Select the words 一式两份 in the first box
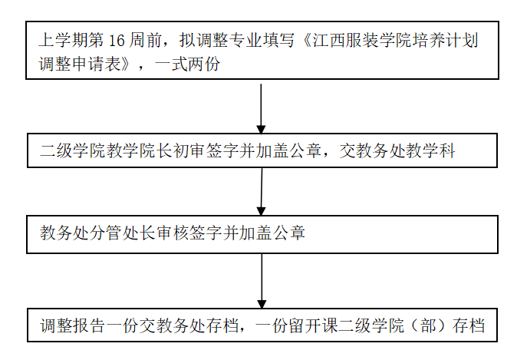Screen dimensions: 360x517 [188, 64]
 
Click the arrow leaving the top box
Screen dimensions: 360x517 [262, 108]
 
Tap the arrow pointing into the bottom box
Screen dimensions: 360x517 [262, 281]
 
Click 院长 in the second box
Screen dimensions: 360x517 [156, 152]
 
